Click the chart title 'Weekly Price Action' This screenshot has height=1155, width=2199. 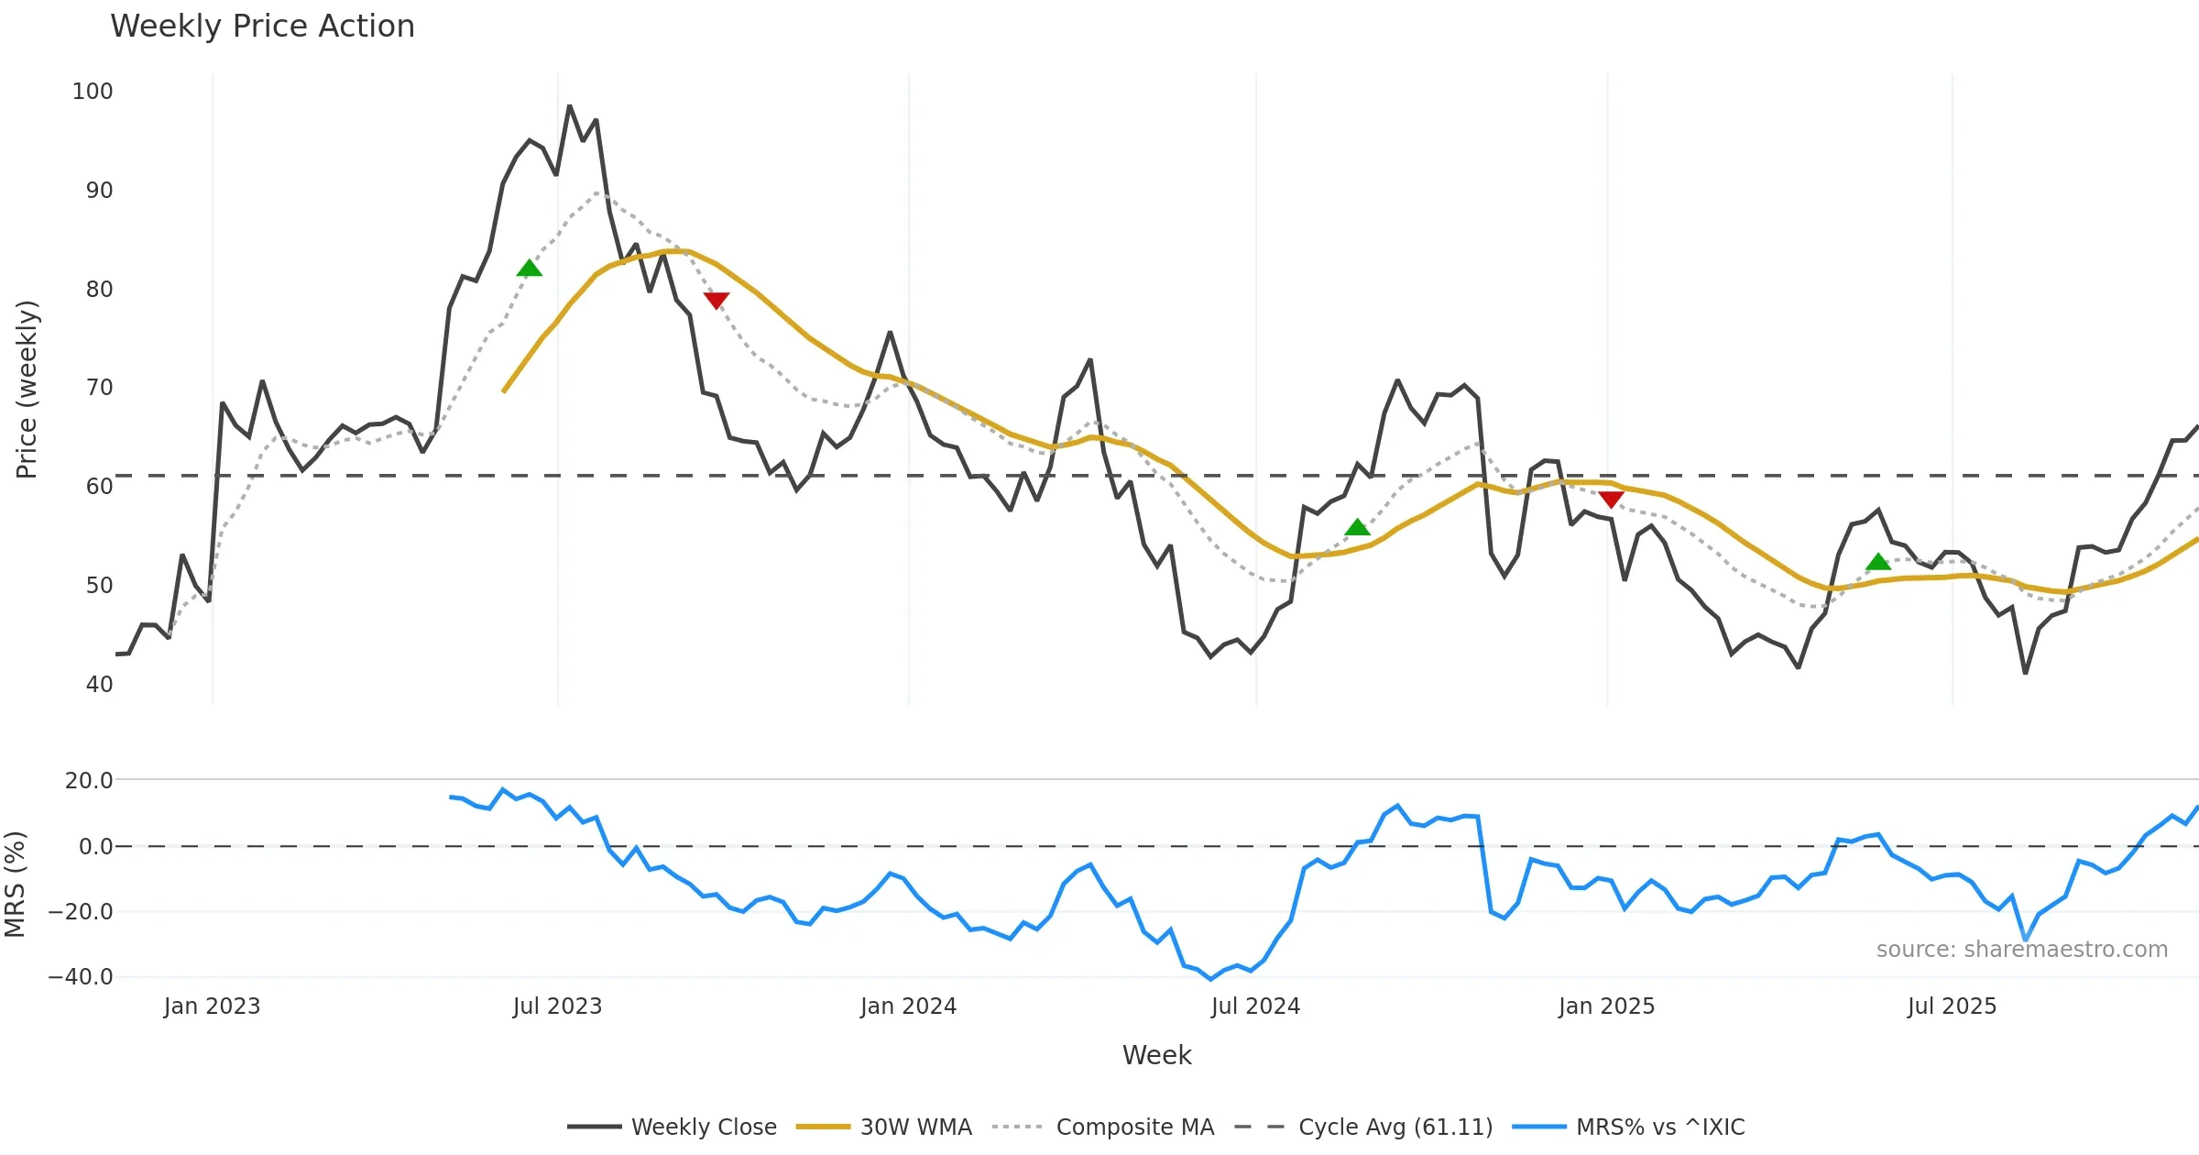(262, 27)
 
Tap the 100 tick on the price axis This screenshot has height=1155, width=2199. (93, 92)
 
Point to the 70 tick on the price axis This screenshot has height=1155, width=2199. (99, 388)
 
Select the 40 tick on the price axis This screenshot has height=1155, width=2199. (99, 685)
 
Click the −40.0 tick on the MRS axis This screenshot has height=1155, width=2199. (81, 977)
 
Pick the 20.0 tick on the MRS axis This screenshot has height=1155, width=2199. (89, 781)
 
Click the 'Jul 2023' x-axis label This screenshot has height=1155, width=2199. (557, 1006)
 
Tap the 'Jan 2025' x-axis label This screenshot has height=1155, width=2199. (1606, 1006)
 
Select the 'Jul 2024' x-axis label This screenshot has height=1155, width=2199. (1255, 1006)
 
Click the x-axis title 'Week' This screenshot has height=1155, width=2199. (1156, 1056)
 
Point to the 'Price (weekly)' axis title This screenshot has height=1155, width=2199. (27, 390)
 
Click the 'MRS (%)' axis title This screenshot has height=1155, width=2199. (15, 885)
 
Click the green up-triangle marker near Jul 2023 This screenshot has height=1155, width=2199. (529, 268)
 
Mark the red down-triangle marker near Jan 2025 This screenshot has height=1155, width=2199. (1611, 500)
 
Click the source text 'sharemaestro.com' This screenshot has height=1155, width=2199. (2021, 950)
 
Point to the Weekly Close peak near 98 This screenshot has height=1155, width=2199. (569, 106)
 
